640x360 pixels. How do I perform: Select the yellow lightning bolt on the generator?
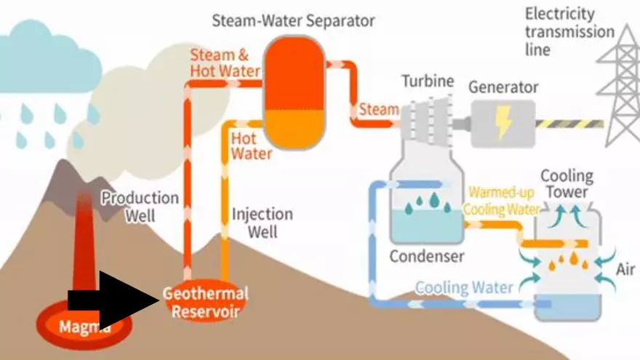[x=503, y=123]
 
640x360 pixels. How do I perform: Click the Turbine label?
[x=428, y=81]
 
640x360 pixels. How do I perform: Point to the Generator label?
[x=503, y=88]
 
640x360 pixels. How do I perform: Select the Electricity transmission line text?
[x=569, y=32]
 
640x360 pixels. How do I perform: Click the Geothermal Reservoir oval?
[x=205, y=303]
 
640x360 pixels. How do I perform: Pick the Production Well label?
[x=140, y=206]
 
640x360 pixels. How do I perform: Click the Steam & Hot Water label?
[x=225, y=63]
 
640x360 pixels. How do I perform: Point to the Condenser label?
[x=426, y=256]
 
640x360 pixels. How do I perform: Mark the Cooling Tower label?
[x=567, y=184]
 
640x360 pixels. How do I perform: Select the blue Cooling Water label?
[x=463, y=287]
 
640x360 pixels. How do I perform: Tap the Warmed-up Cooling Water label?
[x=503, y=201]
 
